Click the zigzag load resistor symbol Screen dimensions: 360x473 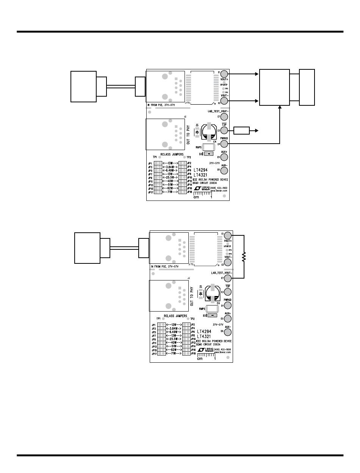(x=244, y=257)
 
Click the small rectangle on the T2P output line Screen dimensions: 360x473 (x=242, y=131)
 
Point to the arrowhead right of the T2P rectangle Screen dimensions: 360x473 (x=257, y=131)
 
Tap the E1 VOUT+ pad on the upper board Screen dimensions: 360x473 (x=224, y=74)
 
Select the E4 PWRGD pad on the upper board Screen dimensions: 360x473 (x=224, y=144)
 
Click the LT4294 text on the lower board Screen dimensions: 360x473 (x=204, y=331)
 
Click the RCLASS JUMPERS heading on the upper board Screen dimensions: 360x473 (x=172, y=155)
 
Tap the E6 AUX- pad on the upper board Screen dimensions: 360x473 (x=224, y=171)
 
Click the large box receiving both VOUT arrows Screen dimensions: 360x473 (x=274, y=87)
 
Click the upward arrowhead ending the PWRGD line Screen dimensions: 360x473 (x=280, y=107)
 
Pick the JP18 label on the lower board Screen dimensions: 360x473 (x=193, y=353)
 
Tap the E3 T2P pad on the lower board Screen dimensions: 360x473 (x=228, y=291)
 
